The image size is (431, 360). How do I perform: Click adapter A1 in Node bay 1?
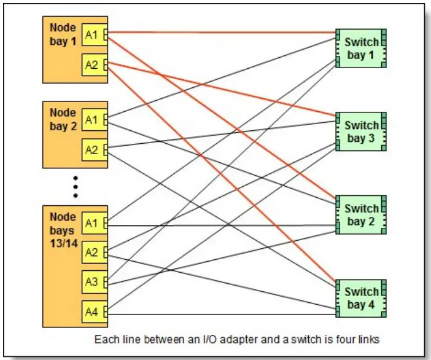(91, 35)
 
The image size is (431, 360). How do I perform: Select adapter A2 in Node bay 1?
(91, 65)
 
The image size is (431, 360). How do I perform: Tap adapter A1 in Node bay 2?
(91, 120)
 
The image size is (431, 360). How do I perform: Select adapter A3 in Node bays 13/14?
(91, 282)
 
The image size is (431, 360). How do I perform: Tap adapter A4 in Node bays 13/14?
(91, 311)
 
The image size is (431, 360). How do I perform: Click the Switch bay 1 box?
(361, 49)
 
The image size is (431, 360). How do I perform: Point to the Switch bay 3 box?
(361, 131)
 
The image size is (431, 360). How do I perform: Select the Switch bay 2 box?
(361, 214)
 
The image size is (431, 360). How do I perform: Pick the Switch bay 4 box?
(361, 297)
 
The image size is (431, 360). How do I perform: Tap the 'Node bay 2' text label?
(63, 119)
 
